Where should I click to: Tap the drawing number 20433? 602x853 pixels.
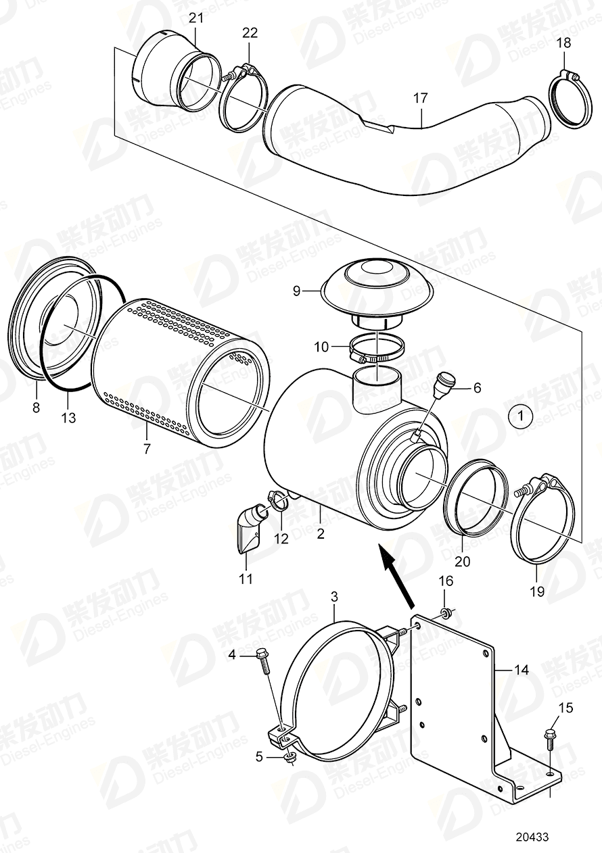(532, 836)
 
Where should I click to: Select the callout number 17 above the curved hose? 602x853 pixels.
(421, 99)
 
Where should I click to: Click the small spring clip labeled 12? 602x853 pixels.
(277, 501)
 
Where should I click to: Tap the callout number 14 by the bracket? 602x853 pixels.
(521, 671)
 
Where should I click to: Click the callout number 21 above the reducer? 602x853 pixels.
(195, 18)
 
